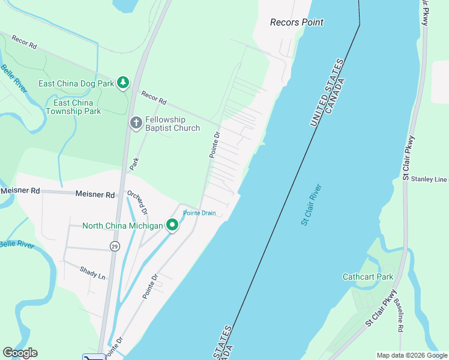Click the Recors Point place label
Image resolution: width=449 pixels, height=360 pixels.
click(x=297, y=22)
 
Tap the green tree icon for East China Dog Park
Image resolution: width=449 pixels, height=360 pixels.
click(x=123, y=83)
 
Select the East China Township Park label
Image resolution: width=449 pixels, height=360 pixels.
click(x=73, y=107)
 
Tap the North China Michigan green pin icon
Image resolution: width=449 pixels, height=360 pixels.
click(x=172, y=226)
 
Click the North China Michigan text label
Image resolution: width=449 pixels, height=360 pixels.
click(x=122, y=226)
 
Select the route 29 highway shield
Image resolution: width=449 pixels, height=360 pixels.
click(x=114, y=246)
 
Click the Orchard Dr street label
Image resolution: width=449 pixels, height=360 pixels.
click(x=137, y=202)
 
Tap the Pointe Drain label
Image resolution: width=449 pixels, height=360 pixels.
click(x=199, y=213)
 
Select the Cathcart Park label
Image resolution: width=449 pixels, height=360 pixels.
click(x=367, y=277)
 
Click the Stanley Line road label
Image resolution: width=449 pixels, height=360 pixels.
click(x=425, y=179)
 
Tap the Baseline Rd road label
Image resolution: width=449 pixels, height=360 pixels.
click(x=399, y=316)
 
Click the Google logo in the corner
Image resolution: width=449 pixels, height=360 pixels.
click(x=20, y=353)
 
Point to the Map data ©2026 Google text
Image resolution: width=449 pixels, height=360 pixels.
click(x=411, y=355)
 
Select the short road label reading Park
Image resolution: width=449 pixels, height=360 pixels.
click(x=135, y=163)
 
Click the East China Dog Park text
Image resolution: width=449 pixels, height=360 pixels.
click(x=76, y=83)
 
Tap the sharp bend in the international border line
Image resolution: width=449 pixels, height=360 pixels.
click(x=360, y=25)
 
